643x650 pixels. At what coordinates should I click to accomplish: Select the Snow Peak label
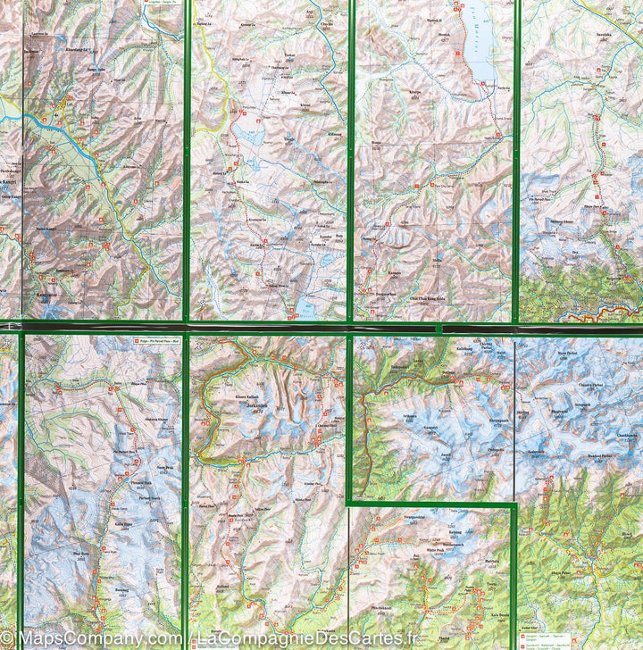pos(166,467)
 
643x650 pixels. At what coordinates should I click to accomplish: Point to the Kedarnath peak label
pos(537,452)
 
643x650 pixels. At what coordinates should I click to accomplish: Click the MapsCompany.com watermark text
pos(85,637)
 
